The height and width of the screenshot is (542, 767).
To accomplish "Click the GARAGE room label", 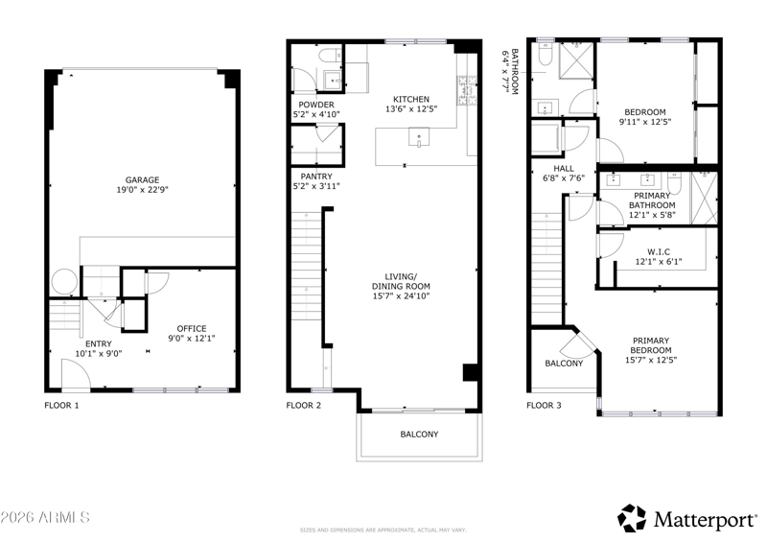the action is [142, 180].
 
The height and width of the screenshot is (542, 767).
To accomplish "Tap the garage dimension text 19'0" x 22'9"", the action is [142, 190].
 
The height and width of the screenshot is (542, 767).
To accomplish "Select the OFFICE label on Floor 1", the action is [192, 328].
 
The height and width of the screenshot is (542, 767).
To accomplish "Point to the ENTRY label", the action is [99, 343].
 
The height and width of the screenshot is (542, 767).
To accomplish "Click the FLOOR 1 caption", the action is [61, 406].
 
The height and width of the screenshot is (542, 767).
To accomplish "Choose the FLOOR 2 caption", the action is [304, 406].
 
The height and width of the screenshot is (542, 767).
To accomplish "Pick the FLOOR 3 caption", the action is [545, 406].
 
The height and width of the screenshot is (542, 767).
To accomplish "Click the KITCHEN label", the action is [411, 100].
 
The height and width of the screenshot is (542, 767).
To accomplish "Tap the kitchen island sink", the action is [419, 137].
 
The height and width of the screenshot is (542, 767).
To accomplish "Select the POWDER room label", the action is [316, 105].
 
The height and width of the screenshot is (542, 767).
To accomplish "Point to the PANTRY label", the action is [316, 177].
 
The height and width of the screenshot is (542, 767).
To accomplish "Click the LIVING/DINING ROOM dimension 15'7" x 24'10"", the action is [401, 295].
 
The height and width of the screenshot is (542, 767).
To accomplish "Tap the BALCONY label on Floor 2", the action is [419, 435].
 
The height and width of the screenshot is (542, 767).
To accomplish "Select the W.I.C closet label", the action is [659, 251].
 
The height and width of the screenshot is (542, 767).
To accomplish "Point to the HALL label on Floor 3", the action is [564, 169].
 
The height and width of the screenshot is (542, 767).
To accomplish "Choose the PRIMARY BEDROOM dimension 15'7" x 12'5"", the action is [651, 360].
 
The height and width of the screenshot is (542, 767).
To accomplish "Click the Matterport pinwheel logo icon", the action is [632, 518].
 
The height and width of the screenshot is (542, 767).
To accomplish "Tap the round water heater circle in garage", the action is [64, 281].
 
